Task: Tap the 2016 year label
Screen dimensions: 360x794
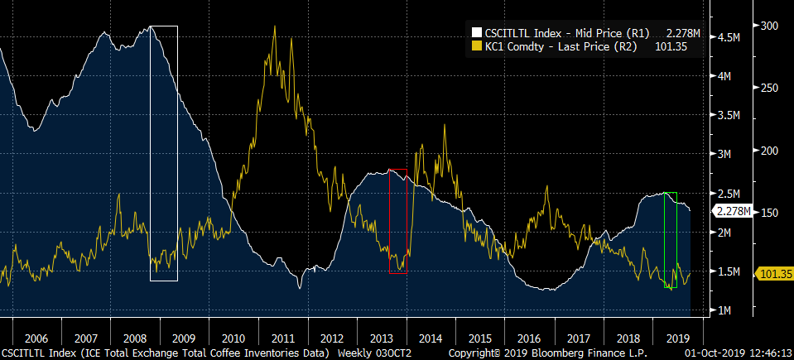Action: click(527, 338)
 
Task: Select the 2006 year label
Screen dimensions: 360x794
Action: click(36, 338)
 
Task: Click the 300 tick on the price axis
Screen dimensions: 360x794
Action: click(769, 26)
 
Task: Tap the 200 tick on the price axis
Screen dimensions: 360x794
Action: click(769, 151)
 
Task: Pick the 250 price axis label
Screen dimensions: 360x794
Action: click(769, 88)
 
